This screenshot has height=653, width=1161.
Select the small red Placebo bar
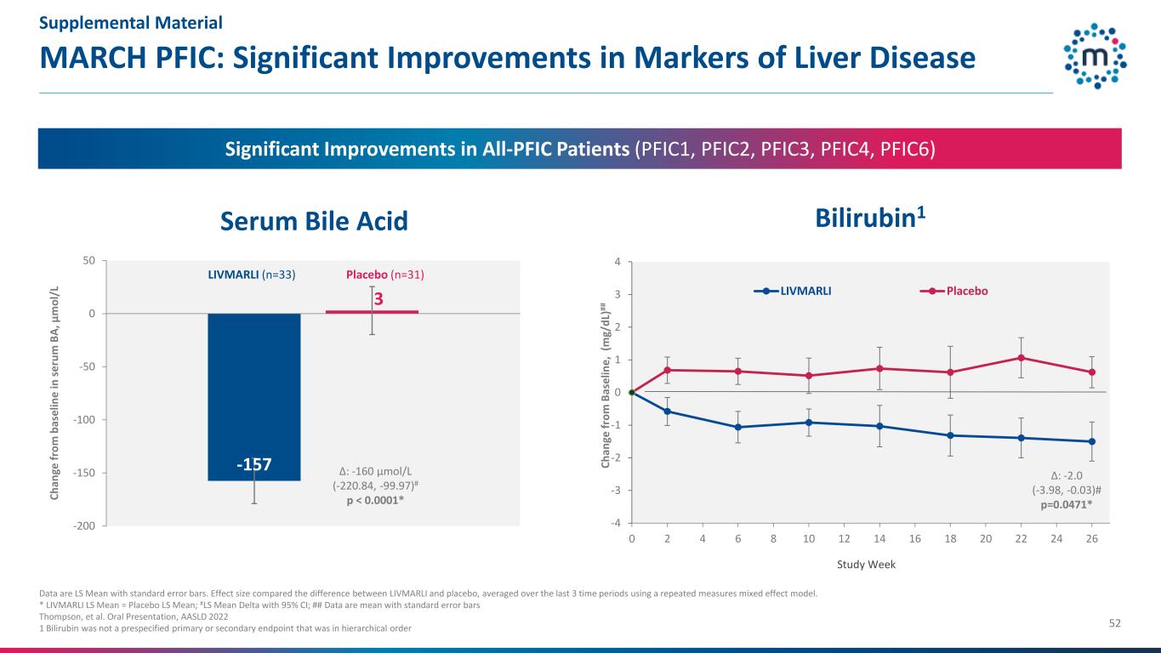(x=372, y=312)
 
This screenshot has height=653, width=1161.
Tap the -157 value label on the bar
(x=253, y=464)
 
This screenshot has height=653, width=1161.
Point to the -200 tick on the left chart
(x=83, y=526)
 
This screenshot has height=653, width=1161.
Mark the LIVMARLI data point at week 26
(x=1091, y=441)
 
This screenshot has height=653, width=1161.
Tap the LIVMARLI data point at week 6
(x=737, y=427)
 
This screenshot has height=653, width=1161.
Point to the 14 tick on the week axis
(x=879, y=538)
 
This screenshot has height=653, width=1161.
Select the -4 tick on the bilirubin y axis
(x=616, y=524)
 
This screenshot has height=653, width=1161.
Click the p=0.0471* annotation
(x=1067, y=504)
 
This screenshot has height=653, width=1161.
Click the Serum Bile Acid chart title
(x=315, y=221)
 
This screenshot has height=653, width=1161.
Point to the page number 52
(x=1114, y=623)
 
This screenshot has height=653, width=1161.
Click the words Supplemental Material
(x=131, y=23)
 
